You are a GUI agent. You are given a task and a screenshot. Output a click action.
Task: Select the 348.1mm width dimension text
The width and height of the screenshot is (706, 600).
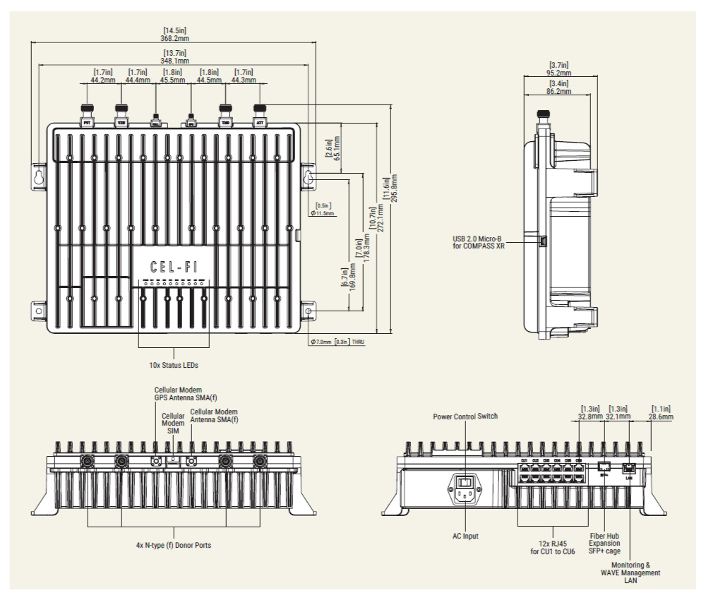click(175, 61)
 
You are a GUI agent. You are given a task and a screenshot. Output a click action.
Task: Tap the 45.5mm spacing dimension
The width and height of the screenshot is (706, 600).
click(174, 80)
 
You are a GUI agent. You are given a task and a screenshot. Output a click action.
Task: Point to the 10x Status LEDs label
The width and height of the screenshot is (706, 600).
click(174, 366)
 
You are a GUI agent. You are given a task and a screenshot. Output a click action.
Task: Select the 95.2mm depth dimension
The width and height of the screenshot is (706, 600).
click(560, 72)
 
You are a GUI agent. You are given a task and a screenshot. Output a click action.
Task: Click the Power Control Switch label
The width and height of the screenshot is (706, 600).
click(465, 416)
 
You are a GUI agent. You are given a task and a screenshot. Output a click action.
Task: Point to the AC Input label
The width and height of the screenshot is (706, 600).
click(465, 536)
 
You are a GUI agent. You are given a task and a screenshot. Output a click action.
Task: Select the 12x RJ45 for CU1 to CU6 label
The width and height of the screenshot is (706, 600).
click(548, 547)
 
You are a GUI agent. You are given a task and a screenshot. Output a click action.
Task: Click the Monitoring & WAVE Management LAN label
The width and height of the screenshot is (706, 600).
click(630, 573)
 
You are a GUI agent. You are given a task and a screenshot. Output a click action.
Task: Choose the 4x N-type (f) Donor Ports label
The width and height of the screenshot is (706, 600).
click(174, 546)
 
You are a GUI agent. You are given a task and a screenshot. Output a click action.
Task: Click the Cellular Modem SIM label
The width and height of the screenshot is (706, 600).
click(174, 423)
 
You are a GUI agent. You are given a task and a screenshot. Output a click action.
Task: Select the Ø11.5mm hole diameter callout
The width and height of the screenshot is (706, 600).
click(323, 212)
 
